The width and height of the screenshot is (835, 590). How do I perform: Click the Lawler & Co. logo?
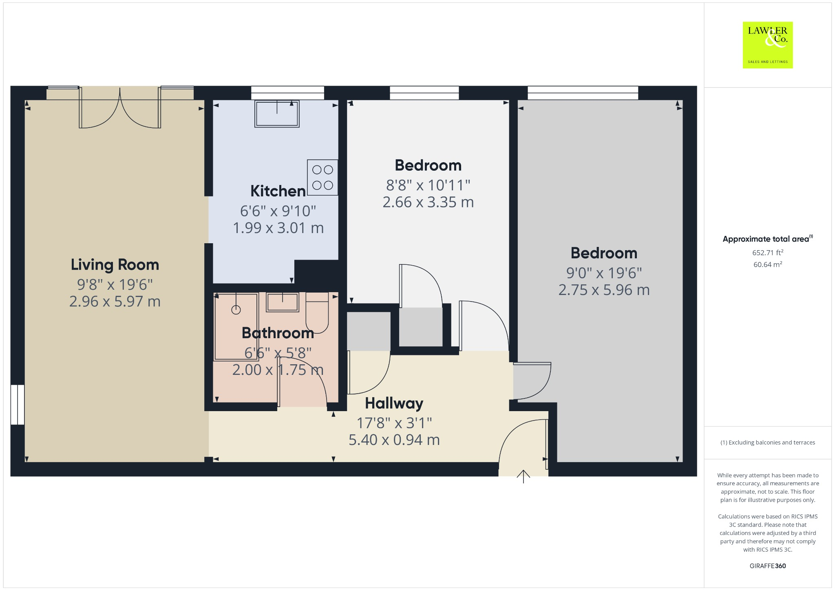pos(767,45)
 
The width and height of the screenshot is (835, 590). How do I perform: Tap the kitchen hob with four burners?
pos(323,177)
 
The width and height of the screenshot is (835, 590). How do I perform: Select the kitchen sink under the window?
pos(277,114)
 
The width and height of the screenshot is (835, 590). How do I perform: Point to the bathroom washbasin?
pos(282,302)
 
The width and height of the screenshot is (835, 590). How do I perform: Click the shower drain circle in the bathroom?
pos(236,310)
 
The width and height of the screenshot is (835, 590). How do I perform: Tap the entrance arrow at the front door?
pos(523,476)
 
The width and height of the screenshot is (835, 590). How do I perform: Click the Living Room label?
pos(115,265)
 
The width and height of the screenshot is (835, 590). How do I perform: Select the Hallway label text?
pos(394,403)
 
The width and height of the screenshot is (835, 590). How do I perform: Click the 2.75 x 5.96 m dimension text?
pos(604,290)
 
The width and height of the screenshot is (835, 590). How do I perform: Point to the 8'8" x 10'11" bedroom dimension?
pos(428,185)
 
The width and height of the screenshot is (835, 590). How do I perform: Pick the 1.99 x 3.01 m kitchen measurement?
pos(278,228)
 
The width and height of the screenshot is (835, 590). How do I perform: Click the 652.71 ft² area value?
pos(767,253)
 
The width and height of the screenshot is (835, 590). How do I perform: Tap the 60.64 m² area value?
pos(767,265)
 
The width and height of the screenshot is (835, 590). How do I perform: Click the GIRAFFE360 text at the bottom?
pos(767,566)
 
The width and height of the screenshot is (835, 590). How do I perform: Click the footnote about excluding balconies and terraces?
pos(767,442)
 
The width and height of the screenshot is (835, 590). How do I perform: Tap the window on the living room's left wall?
pos(18,405)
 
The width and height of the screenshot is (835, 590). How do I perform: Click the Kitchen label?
pos(278,191)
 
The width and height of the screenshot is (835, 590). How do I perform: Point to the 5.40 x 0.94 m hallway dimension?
pos(394,440)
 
